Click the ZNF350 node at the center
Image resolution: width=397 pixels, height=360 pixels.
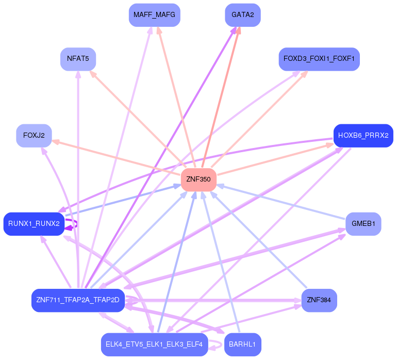click(x=198, y=179)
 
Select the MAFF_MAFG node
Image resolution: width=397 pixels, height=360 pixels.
click(x=154, y=15)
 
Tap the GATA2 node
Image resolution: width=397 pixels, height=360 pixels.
click(x=242, y=15)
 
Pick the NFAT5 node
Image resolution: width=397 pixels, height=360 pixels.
click(x=78, y=59)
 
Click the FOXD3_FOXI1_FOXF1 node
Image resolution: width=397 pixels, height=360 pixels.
click(x=319, y=59)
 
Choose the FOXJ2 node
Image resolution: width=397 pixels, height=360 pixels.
click(x=34, y=136)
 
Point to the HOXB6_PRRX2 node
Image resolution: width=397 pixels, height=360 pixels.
click(x=363, y=136)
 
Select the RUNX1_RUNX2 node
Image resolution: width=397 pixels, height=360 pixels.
click(x=34, y=224)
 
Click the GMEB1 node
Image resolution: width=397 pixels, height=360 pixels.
click(x=363, y=224)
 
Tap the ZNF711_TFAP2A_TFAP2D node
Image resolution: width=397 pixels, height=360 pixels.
click(x=78, y=300)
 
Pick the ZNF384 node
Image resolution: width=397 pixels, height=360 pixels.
click(x=319, y=300)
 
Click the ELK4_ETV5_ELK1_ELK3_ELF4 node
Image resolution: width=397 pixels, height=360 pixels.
click(x=154, y=344)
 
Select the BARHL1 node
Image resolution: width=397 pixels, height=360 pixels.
click(x=242, y=344)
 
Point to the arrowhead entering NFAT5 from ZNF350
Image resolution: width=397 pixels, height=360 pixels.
click(x=93, y=74)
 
